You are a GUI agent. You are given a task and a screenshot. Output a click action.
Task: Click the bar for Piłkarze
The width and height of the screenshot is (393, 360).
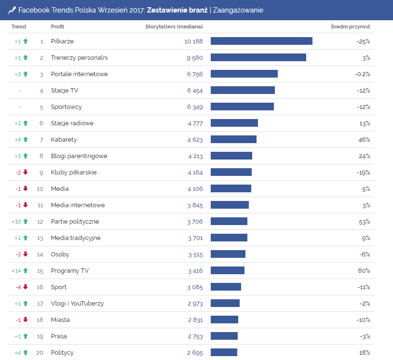261,41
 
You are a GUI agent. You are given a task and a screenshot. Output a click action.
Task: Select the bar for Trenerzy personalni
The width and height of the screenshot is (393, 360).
258,57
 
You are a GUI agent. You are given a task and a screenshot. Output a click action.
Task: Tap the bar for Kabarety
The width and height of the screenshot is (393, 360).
233,139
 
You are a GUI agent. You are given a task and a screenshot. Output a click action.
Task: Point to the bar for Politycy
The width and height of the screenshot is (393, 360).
224,352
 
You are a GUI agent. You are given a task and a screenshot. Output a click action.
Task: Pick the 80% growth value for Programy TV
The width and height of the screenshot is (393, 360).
364,270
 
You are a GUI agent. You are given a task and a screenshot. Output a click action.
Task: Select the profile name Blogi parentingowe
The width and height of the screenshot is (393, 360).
79,156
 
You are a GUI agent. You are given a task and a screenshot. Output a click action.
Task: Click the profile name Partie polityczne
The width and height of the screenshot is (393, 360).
75,221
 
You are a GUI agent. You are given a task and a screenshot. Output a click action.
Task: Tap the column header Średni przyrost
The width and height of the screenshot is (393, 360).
351,27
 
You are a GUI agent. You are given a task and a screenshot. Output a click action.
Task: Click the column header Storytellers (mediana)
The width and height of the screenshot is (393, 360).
174,27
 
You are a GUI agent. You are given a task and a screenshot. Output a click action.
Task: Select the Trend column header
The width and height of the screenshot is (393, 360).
19,27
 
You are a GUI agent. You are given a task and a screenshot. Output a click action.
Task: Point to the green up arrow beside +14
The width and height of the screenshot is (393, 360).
26,270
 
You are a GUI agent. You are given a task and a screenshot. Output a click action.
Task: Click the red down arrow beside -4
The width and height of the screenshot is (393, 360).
26,287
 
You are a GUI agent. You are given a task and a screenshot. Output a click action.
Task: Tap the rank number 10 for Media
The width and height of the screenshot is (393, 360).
40,188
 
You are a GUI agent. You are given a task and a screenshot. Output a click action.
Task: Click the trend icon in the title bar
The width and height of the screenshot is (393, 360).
12,10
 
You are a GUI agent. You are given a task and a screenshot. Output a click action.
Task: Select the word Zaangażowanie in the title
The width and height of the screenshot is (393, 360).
238,10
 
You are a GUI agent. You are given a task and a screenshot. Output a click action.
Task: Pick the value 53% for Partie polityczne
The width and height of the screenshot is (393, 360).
364,221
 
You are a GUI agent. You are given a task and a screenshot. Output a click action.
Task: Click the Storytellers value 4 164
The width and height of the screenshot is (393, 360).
195,172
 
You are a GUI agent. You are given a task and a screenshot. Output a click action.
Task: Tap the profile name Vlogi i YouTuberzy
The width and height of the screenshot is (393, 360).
77,303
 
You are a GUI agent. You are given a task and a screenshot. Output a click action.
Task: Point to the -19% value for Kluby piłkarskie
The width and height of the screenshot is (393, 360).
363,172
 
